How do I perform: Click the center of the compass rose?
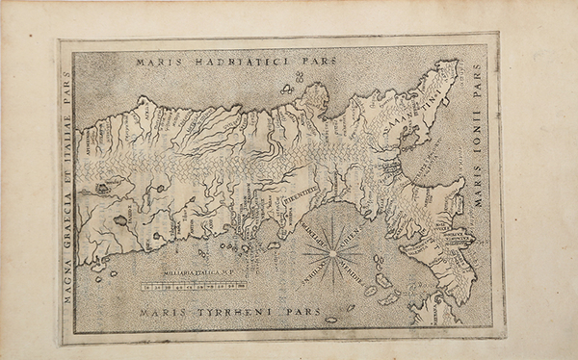pyautogui.click(x=332, y=254)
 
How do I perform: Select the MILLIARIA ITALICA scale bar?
pyautogui.click(x=193, y=286)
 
